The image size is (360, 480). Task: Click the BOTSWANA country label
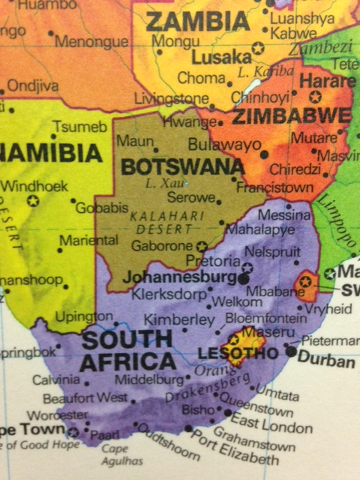point(182,166)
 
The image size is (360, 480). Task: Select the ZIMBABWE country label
point(291,116)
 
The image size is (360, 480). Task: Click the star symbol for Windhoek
point(32,200)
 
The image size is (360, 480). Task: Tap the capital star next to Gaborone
point(201,245)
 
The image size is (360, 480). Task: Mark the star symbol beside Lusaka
point(258,49)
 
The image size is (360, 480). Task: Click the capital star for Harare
point(315,96)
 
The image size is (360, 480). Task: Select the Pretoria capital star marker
point(247,266)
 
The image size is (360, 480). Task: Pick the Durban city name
point(326,361)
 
